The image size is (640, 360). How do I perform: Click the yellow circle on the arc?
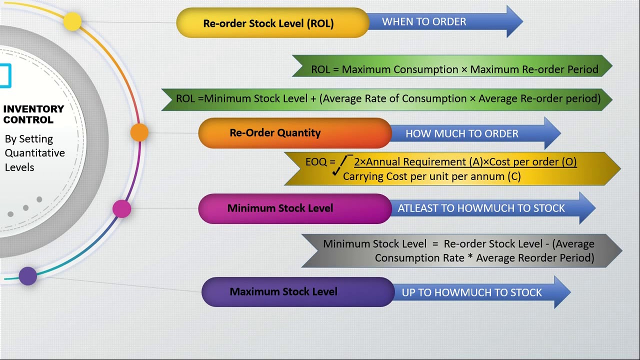72,21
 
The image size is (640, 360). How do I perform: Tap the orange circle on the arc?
139,132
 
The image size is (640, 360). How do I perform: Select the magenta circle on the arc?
121,209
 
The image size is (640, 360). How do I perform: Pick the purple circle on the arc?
27,276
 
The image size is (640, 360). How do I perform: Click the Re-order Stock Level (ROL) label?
268,23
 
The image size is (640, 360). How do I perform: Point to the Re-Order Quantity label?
275,133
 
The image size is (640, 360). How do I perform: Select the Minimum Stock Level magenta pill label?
280,208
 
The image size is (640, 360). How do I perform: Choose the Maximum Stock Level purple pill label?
283,291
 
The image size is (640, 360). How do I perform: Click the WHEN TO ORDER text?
424,21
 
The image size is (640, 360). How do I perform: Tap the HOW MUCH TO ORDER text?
462,133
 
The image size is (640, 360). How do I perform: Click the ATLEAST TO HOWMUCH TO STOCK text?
481,208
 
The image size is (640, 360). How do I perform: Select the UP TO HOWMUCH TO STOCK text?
471,292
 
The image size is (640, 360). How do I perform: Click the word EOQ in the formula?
316,162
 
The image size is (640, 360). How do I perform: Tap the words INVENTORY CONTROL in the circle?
33,114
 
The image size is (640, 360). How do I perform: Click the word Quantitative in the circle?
35,153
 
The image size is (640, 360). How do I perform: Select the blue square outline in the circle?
5,75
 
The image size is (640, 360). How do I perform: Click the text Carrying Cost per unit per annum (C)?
431,176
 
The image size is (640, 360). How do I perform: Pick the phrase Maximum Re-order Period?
534,69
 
